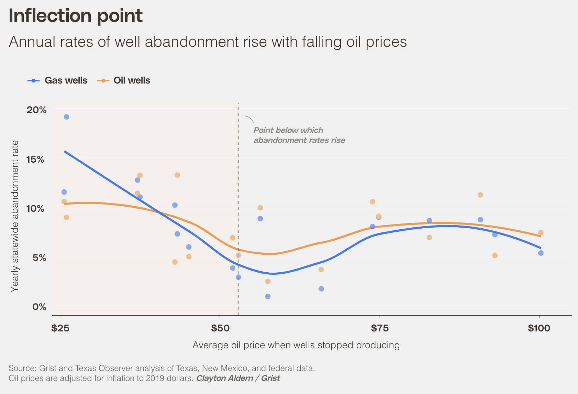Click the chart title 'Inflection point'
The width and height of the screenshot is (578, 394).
[76, 16]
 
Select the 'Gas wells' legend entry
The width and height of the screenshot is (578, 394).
[66, 80]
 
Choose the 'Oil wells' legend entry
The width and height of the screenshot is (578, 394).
[132, 80]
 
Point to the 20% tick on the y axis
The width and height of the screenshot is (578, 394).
[36, 110]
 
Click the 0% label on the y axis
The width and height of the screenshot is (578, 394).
[39, 307]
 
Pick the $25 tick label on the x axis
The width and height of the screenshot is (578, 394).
[60, 328]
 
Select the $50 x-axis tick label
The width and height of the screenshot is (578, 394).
[220, 328]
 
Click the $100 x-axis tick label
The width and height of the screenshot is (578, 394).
[539, 328]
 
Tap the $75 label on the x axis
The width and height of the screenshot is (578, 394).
[379, 328]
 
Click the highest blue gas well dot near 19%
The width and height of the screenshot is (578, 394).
[66, 117]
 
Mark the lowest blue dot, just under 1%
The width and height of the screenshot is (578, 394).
[268, 296]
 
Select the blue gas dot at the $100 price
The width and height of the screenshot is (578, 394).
[541, 253]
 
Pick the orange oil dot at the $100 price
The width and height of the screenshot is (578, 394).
[541, 233]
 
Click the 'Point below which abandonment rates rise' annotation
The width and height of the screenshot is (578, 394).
[299, 135]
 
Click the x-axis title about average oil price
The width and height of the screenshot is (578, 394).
[296, 345]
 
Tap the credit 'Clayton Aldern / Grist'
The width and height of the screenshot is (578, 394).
[238, 379]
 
